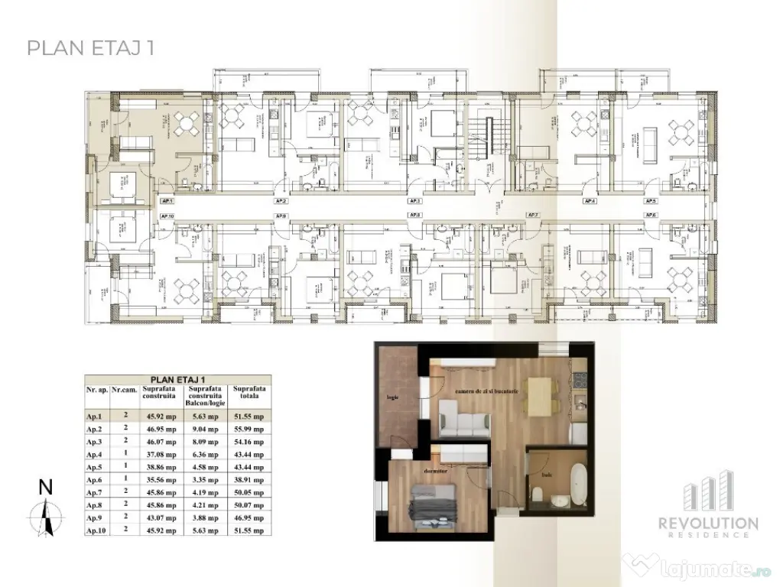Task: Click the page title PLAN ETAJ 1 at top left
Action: pos(91,48)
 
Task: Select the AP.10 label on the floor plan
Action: pos(167,216)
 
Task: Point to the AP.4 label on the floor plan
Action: pos(590,201)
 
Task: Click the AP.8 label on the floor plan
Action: pos(415,216)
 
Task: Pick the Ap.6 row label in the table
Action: pos(95,474)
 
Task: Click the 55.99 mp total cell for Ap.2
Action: pos(249,430)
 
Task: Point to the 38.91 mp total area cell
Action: pos(249,474)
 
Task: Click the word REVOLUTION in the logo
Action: pos(709,524)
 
